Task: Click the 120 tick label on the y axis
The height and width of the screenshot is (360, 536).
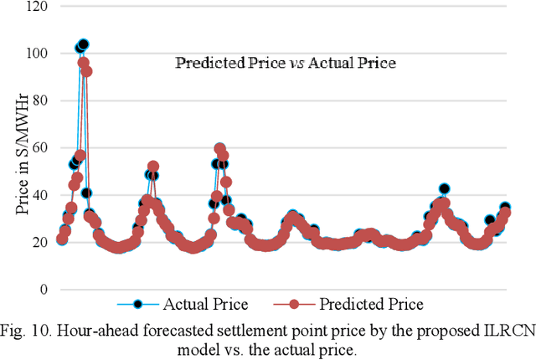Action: tap(38, 7)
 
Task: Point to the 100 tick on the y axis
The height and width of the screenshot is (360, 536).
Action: tap(38, 54)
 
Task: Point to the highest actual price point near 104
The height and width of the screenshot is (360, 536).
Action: tap(83, 44)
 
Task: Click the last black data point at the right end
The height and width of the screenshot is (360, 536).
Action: tap(505, 208)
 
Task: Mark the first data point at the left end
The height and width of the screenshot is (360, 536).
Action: tap(62, 239)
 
